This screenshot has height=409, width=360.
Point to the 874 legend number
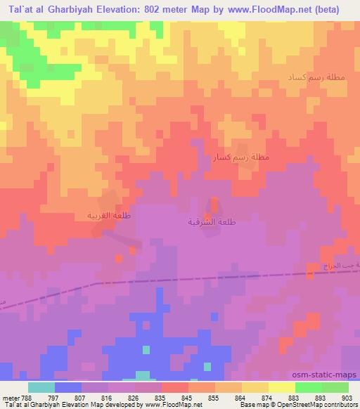pyautogui.click(x=268, y=397)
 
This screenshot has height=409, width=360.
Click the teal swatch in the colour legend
pyautogui.click(x=41, y=387)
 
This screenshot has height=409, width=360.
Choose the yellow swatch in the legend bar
pyautogui.click(x=281, y=387)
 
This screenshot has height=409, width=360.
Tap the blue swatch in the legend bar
pyautogui.click(x=68, y=387)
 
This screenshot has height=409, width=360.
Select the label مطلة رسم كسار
pyautogui.click(x=240, y=157)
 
